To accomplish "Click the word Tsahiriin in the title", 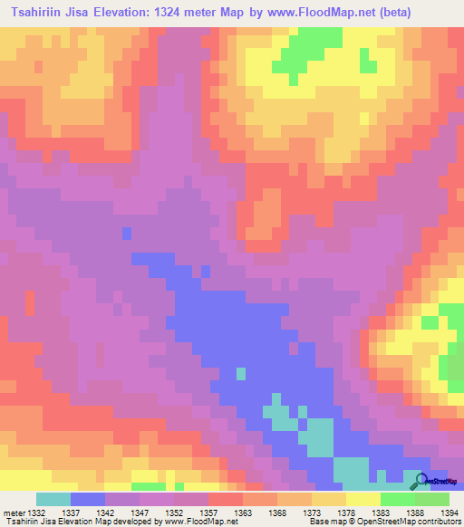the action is click(x=38, y=13).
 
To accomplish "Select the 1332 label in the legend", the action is click(x=35, y=513).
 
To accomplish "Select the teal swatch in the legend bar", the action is click(x=53, y=499).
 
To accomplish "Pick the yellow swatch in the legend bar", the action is click(x=362, y=499).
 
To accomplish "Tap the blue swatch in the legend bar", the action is click(x=87, y=499).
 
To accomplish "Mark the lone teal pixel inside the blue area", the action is click(x=240, y=372).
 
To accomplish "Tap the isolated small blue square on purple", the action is click(x=126, y=233).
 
